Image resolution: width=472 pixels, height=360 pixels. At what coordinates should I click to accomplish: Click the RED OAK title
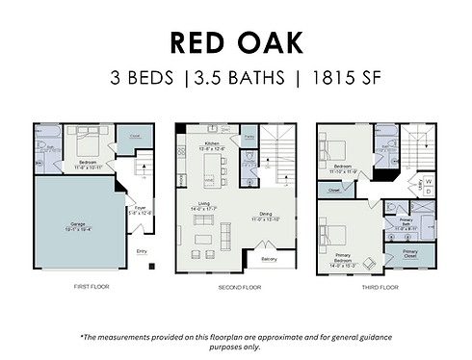click(236, 42)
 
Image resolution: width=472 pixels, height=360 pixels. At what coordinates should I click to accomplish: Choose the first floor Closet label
click(134, 136)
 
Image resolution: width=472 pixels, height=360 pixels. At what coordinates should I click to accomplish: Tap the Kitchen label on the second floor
click(213, 143)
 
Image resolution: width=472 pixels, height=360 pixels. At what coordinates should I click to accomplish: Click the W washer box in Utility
click(429, 179)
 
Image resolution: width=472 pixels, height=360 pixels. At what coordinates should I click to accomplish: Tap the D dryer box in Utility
click(429, 191)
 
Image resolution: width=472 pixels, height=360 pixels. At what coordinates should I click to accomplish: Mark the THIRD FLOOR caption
click(381, 287)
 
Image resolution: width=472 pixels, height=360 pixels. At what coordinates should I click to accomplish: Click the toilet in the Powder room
click(249, 173)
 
